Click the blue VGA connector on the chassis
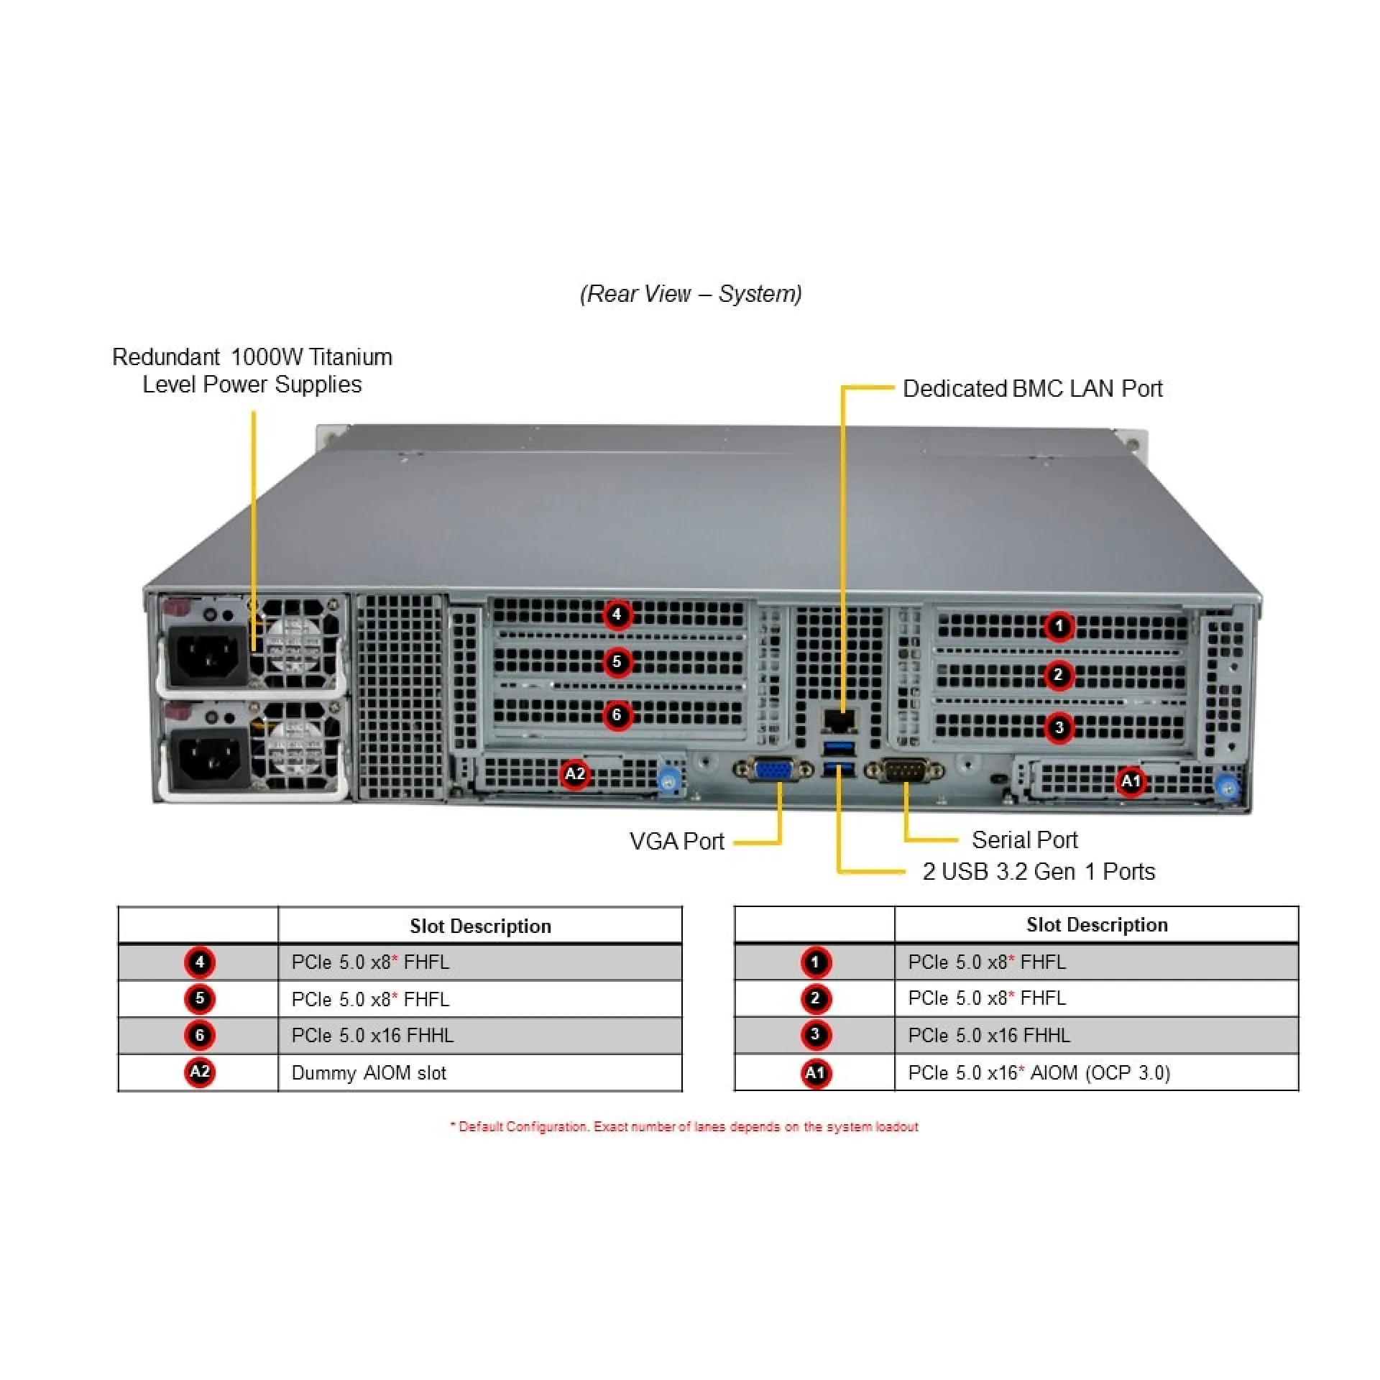pyautogui.click(x=773, y=770)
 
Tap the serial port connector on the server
pyautogui.click(x=905, y=771)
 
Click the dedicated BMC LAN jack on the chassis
pyautogui.click(x=839, y=720)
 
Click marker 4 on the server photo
pyautogui.click(x=617, y=615)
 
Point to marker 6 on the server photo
pyautogui.click(x=617, y=715)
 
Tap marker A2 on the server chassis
pyautogui.click(x=575, y=774)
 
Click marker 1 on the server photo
pyautogui.click(x=1058, y=626)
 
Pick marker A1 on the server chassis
pyautogui.click(x=1131, y=781)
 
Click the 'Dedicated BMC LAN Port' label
pyautogui.click(x=1032, y=389)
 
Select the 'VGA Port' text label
pyautogui.click(x=676, y=841)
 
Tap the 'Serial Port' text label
pyautogui.click(x=1024, y=839)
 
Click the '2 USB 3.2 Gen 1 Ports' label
pyautogui.click(x=1039, y=871)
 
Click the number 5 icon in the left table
pyautogui.click(x=200, y=998)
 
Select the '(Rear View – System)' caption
pyautogui.click(x=691, y=294)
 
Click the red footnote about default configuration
pyautogui.click(x=684, y=1126)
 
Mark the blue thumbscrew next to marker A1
pyautogui.click(x=1228, y=787)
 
